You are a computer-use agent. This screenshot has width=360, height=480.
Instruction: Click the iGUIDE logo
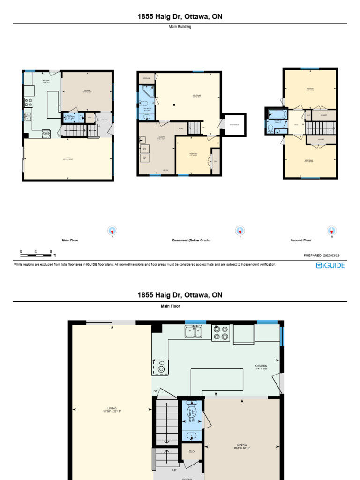[x=330, y=265]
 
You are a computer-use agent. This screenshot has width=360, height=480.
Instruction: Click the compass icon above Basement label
[x=240, y=231]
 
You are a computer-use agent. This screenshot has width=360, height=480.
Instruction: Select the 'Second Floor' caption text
[x=301, y=240]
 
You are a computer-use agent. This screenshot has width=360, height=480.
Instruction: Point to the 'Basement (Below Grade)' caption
[x=191, y=240]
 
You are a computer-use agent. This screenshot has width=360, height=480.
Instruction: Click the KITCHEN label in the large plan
[x=261, y=367]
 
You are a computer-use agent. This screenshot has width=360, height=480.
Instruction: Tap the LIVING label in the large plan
[x=112, y=409]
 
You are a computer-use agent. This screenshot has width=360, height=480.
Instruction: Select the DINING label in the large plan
[x=242, y=446]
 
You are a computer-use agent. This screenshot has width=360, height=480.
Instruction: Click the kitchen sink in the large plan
[x=193, y=331]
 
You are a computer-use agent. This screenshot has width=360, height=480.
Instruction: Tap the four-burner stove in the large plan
[x=220, y=332]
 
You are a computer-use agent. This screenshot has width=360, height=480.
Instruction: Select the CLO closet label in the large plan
[x=191, y=451]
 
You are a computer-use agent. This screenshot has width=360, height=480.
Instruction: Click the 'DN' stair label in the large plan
[x=156, y=391]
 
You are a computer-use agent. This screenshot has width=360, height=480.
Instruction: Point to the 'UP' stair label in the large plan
[x=175, y=469]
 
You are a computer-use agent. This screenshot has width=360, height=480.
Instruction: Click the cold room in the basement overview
[x=234, y=124]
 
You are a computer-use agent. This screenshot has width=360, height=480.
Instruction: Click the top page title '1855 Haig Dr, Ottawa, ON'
[x=180, y=17]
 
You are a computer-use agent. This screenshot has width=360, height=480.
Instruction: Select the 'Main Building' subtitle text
[x=180, y=27]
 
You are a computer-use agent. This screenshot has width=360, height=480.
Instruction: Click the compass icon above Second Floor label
[x=332, y=231]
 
